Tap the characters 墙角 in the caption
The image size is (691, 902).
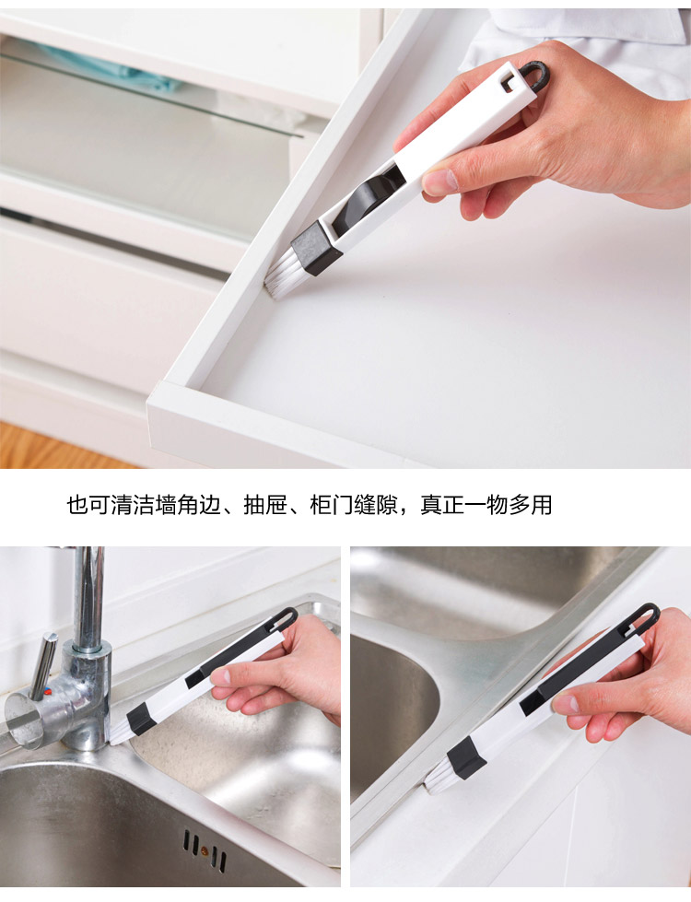click(177, 505)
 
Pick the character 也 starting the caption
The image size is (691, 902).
click(77, 505)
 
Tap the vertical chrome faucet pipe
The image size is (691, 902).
click(88, 599)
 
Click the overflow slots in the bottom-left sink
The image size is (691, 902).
click(205, 850)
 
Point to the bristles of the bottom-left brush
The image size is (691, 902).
click(120, 732)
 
